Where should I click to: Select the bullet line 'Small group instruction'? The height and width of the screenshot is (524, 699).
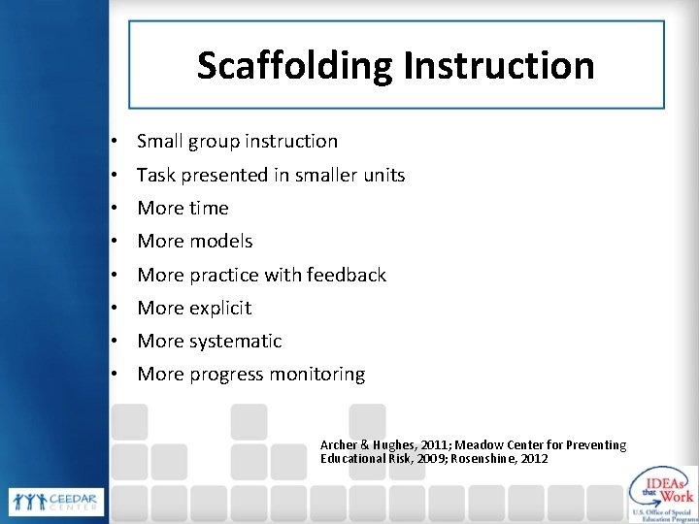237,142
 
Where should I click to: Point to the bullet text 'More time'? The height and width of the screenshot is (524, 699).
183,209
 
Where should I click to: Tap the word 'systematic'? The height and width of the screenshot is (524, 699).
235,342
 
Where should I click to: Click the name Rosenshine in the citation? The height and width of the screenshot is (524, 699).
468,458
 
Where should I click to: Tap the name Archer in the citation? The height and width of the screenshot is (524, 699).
339,444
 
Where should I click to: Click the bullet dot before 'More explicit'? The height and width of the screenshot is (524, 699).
115,309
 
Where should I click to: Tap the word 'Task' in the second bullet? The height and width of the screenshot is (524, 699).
155,176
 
